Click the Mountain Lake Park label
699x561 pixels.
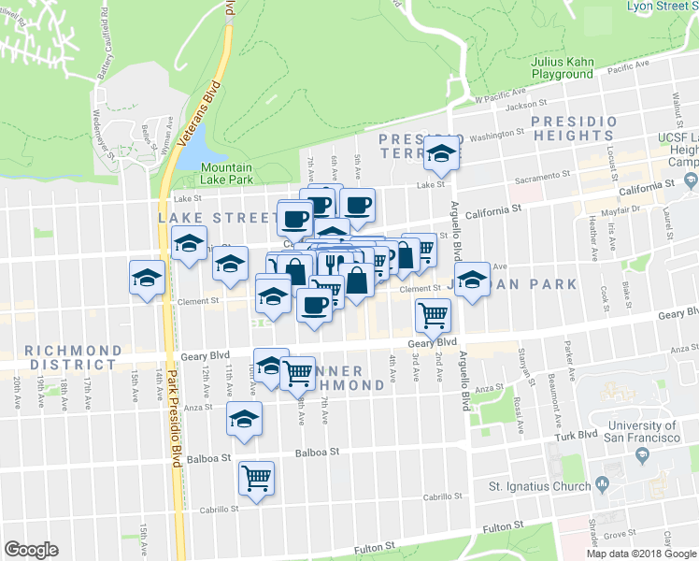click(227, 172)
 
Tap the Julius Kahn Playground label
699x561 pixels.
click(563, 68)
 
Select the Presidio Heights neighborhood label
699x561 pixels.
click(574, 128)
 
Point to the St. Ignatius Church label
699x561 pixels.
click(539, 486)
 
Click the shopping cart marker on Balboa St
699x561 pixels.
click(256, 478)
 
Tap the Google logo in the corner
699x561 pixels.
click(31, 550)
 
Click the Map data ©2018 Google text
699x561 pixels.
click(642, 554)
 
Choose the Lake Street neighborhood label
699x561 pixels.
click(205, 217)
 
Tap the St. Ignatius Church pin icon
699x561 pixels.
click(603, 485)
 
